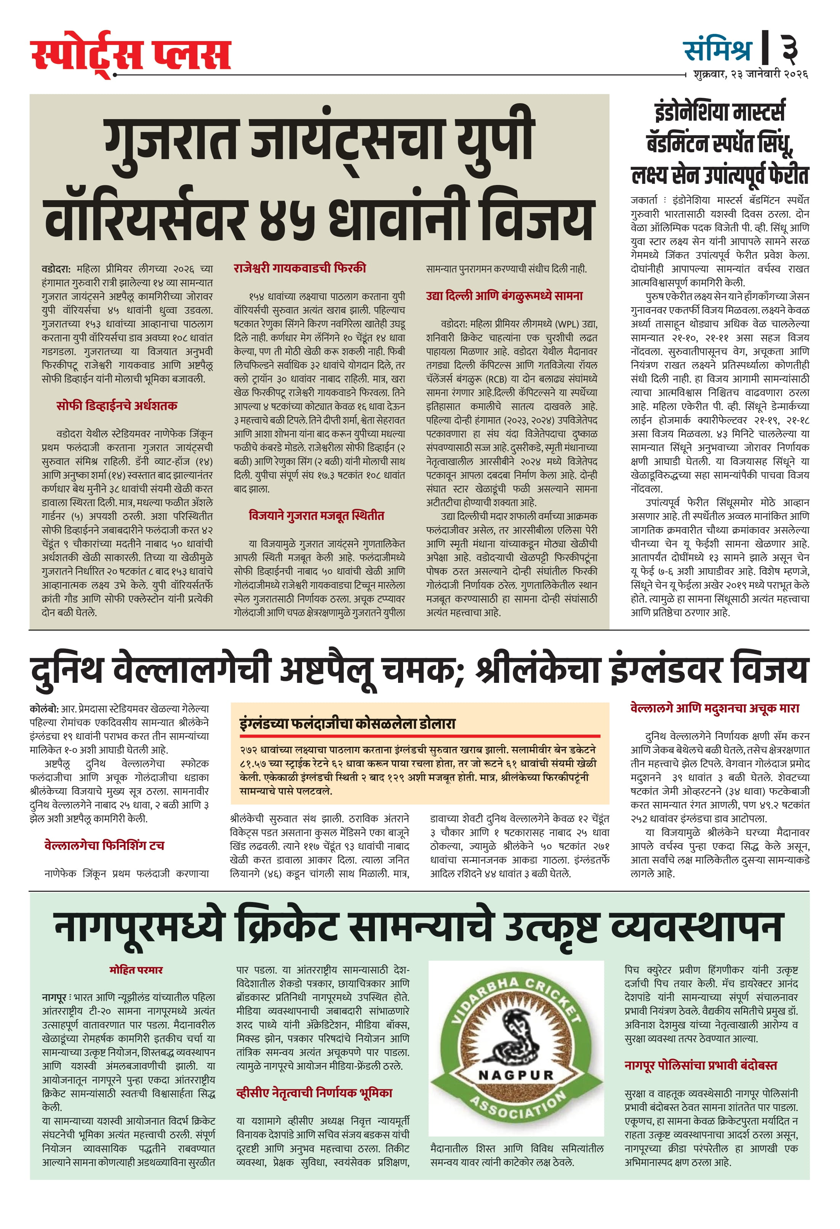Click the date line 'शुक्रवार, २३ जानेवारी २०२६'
point(750,74)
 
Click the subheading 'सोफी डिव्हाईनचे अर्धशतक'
point(117,406)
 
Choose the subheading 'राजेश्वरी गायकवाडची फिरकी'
point(299,268)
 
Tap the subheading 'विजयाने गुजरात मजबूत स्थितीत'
point(316,516)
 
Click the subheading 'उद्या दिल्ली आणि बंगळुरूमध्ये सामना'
point(504,296)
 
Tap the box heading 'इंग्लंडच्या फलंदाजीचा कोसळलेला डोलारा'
point(347,724)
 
